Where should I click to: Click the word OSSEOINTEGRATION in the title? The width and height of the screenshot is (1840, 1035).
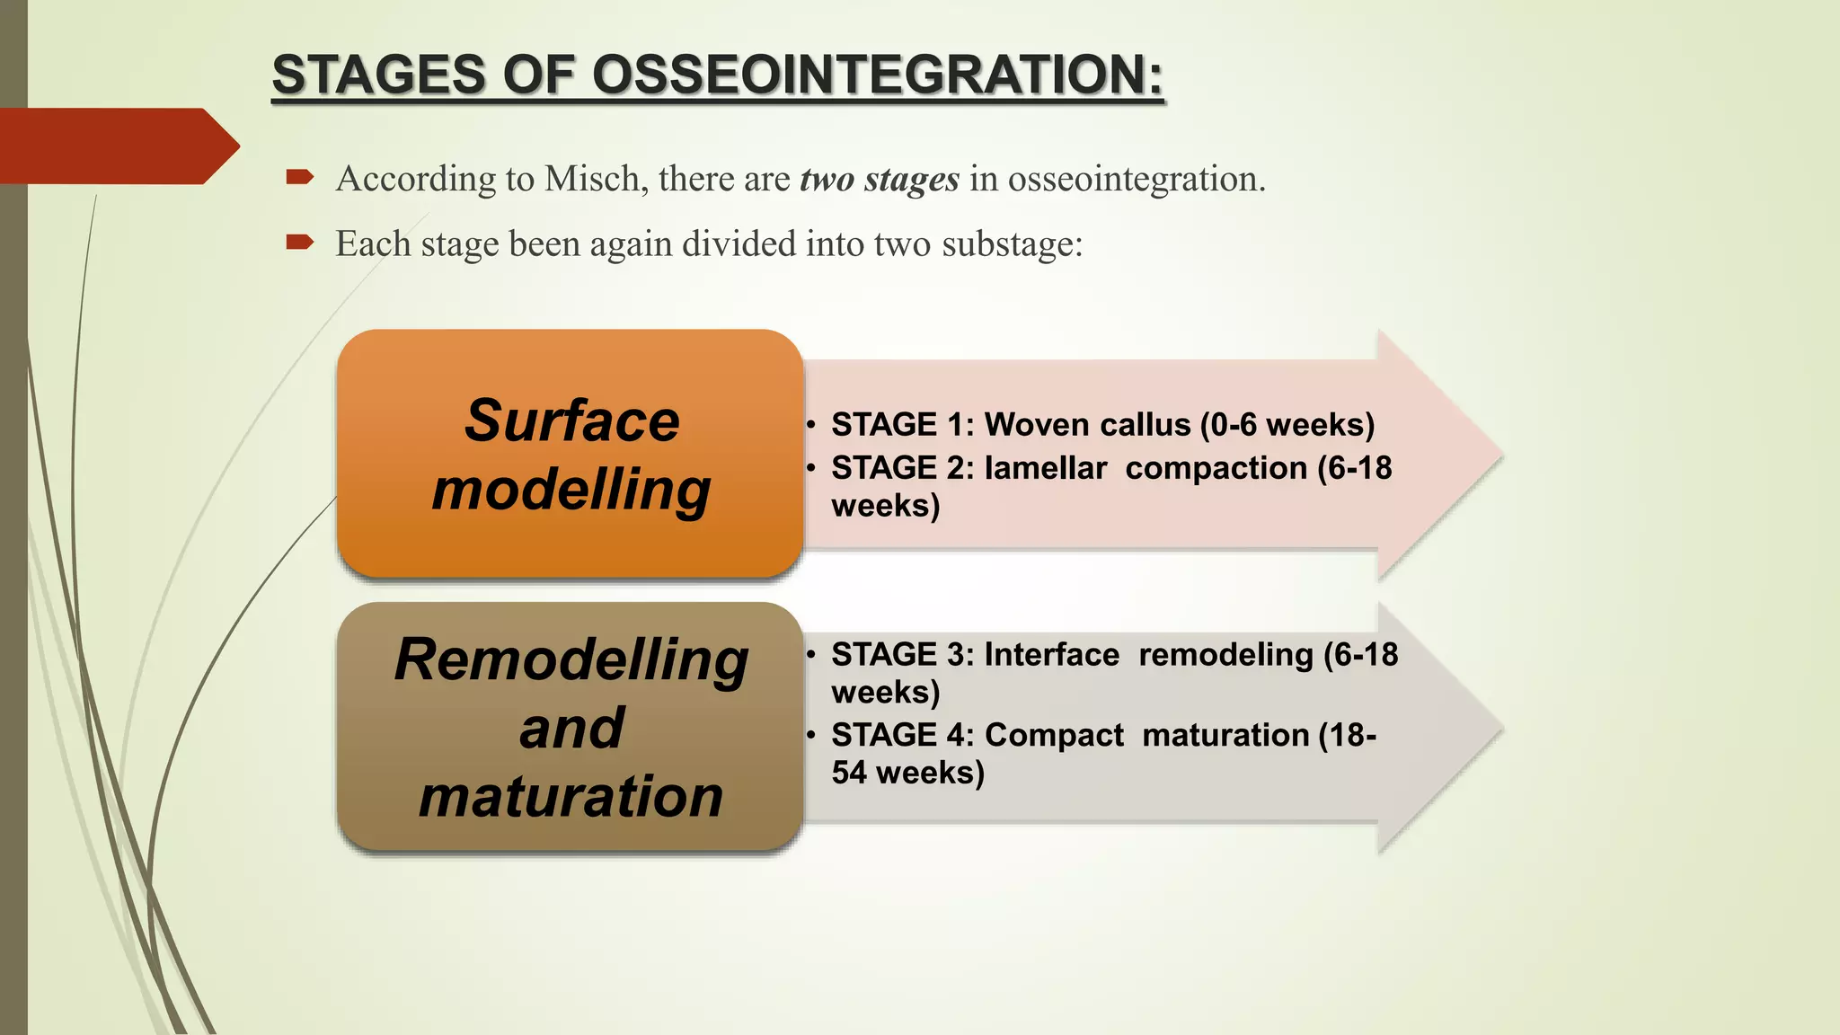(x=876, y=75)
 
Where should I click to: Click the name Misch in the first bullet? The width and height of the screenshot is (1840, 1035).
(x=591, y=179)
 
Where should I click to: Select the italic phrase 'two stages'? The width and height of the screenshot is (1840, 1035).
(x=880, y=179)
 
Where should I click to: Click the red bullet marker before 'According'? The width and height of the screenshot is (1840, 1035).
(x=299, y=177)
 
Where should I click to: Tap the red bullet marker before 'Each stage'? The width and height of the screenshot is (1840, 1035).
(x=299, y=242)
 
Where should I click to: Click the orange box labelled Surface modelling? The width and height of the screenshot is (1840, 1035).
(x=570, y=454)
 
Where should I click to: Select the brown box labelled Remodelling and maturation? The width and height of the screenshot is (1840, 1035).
(x=570, y=727)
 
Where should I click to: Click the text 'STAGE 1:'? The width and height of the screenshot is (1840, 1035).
(x=902, y=425)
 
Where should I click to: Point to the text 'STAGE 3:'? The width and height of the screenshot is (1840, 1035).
(x=902, y=655)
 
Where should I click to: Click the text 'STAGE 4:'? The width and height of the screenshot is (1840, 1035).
(x=902, y=736)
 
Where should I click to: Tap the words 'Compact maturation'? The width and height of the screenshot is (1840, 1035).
(x=1146, y=736)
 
